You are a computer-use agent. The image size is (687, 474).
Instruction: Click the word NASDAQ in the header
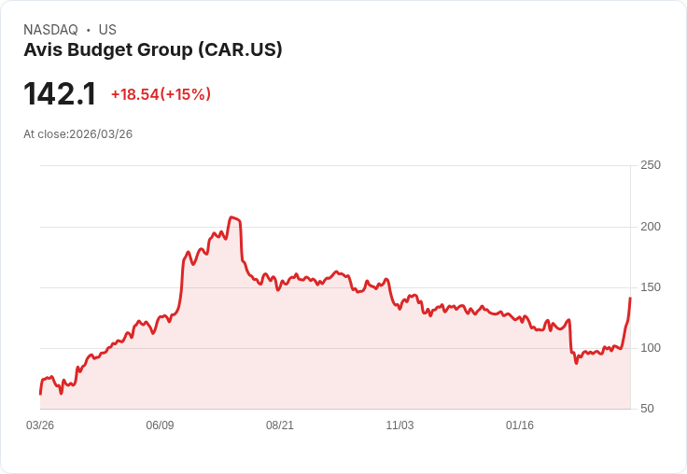pyautogui.click(x=50, y=30)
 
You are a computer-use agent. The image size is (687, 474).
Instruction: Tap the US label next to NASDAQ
pyautogui.click(x=107, y=30)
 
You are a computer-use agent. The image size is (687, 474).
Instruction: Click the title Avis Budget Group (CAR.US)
pyautogui.click(x=153, y=50)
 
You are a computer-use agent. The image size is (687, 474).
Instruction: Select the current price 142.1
pyautogui.click(x=60, y=94)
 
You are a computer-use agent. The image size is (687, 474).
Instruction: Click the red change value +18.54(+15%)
pyautogui.click(x=161, y=94)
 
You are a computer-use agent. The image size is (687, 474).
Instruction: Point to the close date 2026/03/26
pyautogui.click(x=101, y=134)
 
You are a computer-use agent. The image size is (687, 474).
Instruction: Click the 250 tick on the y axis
pyautogui.click(x=651, y=165)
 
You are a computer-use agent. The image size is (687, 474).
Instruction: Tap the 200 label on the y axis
pyautogui.click(x=651, y=227)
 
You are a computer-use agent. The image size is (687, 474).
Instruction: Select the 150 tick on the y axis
pyautogui.click(x=651, y=287)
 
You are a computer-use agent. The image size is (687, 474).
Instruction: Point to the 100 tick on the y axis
pyautogui.click(x=651, y=348)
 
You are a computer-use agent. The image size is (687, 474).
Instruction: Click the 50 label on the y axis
pyautogui.click(x=647, y=409)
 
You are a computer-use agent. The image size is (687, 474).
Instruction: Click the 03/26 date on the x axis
pyautogui.click(x=40, y=425)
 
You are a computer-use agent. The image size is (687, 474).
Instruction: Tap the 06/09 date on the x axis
pyautogui.click(x=160, y=425)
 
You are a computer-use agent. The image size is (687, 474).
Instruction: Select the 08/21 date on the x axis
pyautogui.click(x=280, y=425)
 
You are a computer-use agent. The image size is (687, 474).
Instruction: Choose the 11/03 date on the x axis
pyautogui.click(x=400, y=425)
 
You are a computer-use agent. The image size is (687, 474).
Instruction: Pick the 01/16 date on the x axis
pyautogui.click(x=520, y=425)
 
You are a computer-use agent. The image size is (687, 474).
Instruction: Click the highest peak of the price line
pyautogui.click(x=231, y=217)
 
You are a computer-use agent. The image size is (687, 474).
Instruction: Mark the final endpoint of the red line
pyautogui.click(x=630, y=298)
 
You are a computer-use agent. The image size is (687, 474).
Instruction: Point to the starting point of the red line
pyautogui.click(x=40, y=394)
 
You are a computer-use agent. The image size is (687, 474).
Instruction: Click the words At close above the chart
pyautogui.click(x=45, y=134)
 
